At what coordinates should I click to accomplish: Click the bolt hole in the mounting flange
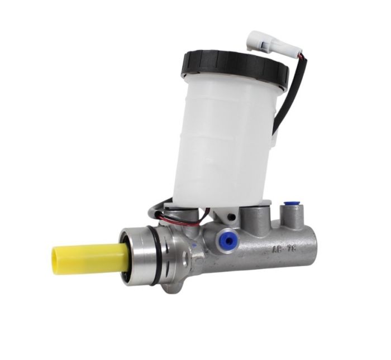click(x=185, y=258)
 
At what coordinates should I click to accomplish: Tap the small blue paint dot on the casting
click(x=193, y=244)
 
